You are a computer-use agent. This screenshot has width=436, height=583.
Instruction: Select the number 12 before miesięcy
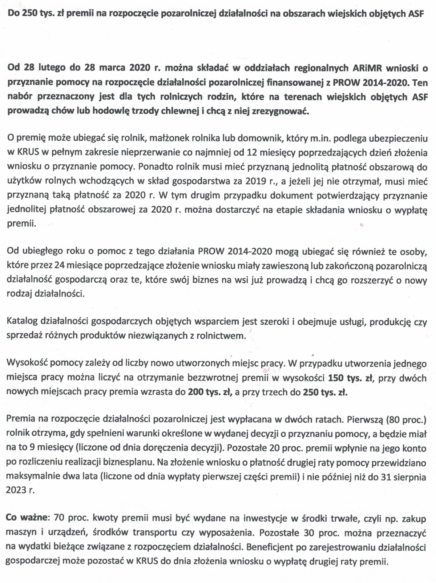pos(251,153)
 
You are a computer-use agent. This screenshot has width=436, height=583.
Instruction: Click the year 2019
pos(256,181)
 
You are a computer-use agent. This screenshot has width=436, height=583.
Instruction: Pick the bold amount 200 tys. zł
pos(210,392)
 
